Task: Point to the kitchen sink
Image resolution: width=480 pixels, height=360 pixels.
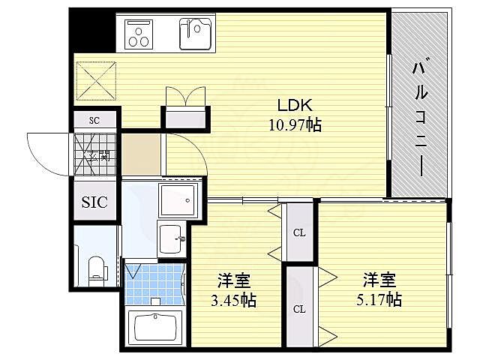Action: pyautogui.click(x=194, y=33)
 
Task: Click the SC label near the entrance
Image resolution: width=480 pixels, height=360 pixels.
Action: pyautogui.click(x=94, y=120)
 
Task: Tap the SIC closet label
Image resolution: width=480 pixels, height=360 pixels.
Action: pyautogui.click(x=94, y=202)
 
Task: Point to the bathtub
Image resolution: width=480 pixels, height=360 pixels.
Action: pyautogui.click(x=155, y=328)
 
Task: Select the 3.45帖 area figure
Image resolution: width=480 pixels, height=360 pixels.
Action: pyautogui.click(x=233, y=301)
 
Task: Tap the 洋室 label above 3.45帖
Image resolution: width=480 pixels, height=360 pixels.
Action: pyautogui.click(x=233, y=282)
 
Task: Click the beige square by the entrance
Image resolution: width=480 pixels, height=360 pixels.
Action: pyautogui.click(x=142, y=154)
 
